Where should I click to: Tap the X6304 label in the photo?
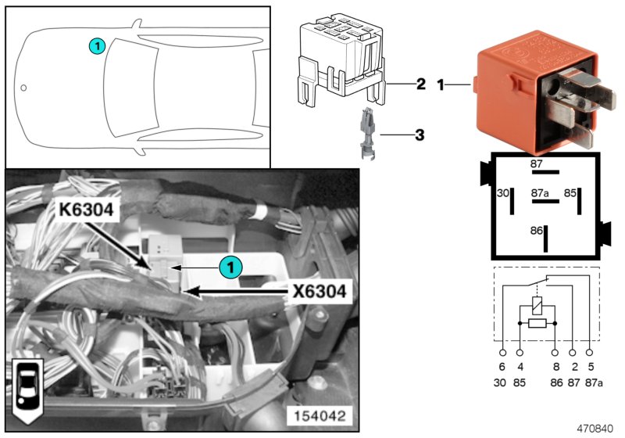319,293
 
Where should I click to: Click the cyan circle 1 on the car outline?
95,46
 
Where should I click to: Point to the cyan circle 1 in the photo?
230,267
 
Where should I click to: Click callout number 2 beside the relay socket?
420,83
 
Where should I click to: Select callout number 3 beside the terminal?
420,135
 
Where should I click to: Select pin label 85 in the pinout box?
570,192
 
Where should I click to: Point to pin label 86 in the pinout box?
536,231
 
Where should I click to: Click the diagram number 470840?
597,429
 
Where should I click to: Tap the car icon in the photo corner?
28,387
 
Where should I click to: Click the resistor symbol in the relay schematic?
537,322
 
